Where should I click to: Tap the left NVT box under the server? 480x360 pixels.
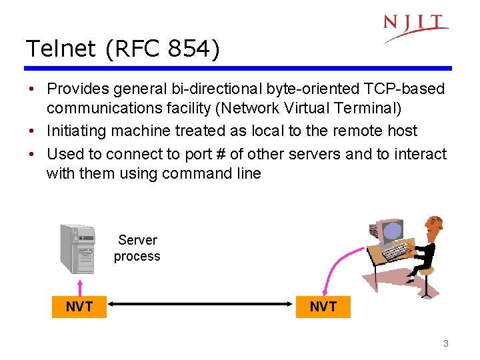tap(79, 307)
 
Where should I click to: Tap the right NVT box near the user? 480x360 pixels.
tap(323, 307)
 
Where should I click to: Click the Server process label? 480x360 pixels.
tap(137, 248)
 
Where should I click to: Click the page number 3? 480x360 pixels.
tap(445, 344)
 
